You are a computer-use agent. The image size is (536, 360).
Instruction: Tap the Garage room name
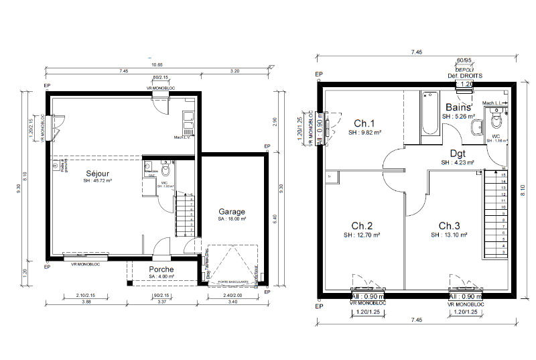coord(232,211)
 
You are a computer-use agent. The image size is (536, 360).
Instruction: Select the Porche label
coord(161,269)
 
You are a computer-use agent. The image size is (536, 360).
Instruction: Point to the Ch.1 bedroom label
coord(364,123)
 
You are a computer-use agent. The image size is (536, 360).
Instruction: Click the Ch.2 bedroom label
coord(362,225)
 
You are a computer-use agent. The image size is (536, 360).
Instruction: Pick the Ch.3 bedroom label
coord(450,225)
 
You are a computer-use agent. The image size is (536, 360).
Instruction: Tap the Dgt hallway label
coord(458,153)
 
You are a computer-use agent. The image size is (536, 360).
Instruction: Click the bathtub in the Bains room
coord(429,117)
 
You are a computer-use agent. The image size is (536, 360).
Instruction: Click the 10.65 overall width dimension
coord(157,65)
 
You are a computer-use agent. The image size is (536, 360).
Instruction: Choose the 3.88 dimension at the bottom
coord(86,302)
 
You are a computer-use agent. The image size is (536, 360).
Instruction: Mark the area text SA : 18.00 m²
coord(232,219)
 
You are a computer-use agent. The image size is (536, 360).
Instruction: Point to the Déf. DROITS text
coord(464,76)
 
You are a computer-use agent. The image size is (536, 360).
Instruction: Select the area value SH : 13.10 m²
coord(448,235)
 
